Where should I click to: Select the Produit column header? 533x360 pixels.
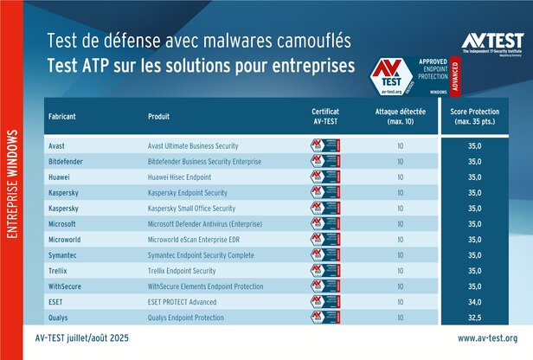pos(162,117)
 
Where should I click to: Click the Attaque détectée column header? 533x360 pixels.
pos(400,117)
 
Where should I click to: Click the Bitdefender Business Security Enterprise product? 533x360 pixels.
pos(209,161)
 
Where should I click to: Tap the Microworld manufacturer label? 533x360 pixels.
pos(65,239)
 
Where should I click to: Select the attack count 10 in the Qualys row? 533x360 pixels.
pos(400,317)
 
